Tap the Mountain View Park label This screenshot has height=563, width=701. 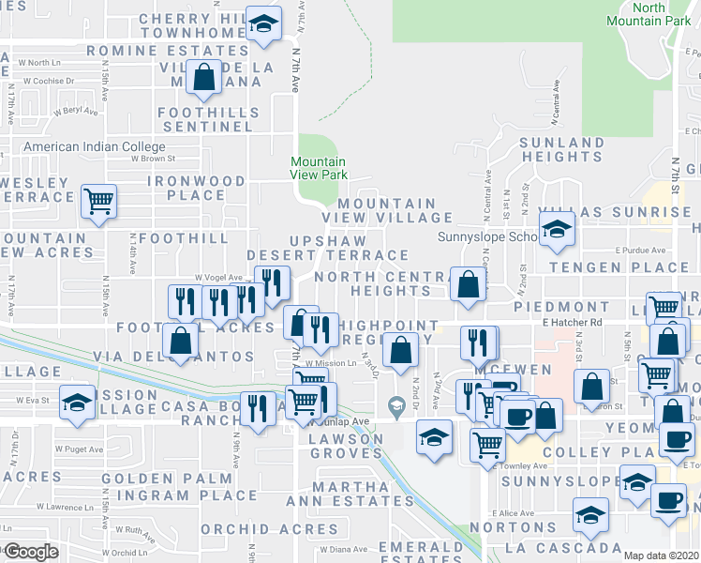[319, 169]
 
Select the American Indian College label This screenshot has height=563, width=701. [94, 147]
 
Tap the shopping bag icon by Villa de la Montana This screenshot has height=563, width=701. [202, 78]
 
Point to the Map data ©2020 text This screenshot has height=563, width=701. [661, 555]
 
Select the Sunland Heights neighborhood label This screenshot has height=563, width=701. [561, 151]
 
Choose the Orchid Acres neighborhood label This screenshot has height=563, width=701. [247, 528]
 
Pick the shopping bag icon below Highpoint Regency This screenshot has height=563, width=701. [400, 351]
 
